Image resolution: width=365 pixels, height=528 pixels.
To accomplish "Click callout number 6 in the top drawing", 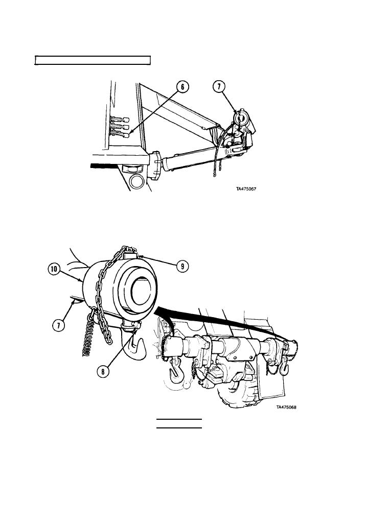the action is coord(182,87).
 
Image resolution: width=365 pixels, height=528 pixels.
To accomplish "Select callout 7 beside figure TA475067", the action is coord(219,87).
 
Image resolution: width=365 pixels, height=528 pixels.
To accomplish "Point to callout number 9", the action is coord(182,267).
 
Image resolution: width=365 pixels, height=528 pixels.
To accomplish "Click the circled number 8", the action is coord(103,371).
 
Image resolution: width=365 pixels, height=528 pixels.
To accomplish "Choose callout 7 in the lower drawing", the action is coord(58,325).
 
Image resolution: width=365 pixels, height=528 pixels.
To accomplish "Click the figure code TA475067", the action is coord(246,189).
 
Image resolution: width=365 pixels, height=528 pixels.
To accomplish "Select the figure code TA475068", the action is coord(286,407).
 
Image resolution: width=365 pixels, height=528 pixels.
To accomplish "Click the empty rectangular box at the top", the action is coord(93,60).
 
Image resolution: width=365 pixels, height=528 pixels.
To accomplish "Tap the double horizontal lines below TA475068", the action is coord(179,424).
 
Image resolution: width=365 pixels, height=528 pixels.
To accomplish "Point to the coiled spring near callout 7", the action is coord(88,337).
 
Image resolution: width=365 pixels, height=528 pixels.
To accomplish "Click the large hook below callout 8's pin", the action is coord(134,347).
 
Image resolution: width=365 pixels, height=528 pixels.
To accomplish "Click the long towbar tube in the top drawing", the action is coord(192,160).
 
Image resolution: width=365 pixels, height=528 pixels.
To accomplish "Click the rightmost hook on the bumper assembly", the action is coord(285,367).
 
